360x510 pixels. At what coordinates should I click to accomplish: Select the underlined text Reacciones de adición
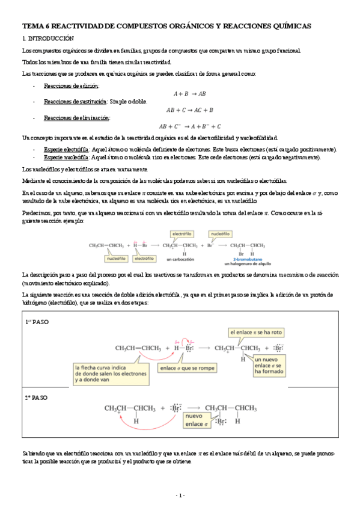click(72, 86)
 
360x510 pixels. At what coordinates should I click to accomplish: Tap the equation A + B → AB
click(190, 94)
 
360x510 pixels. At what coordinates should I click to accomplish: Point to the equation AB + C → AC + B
click(190, 110)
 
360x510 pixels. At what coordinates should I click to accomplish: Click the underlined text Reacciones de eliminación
click(76, 118)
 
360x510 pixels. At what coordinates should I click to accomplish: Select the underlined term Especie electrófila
click(66, 149)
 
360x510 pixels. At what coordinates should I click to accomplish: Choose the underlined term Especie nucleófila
click(66, 157)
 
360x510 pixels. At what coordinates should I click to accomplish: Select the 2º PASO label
click(36, 398)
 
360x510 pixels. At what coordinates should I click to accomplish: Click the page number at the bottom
click(180, 495)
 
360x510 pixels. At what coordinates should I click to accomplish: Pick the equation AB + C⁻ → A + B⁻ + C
click(190, 127)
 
